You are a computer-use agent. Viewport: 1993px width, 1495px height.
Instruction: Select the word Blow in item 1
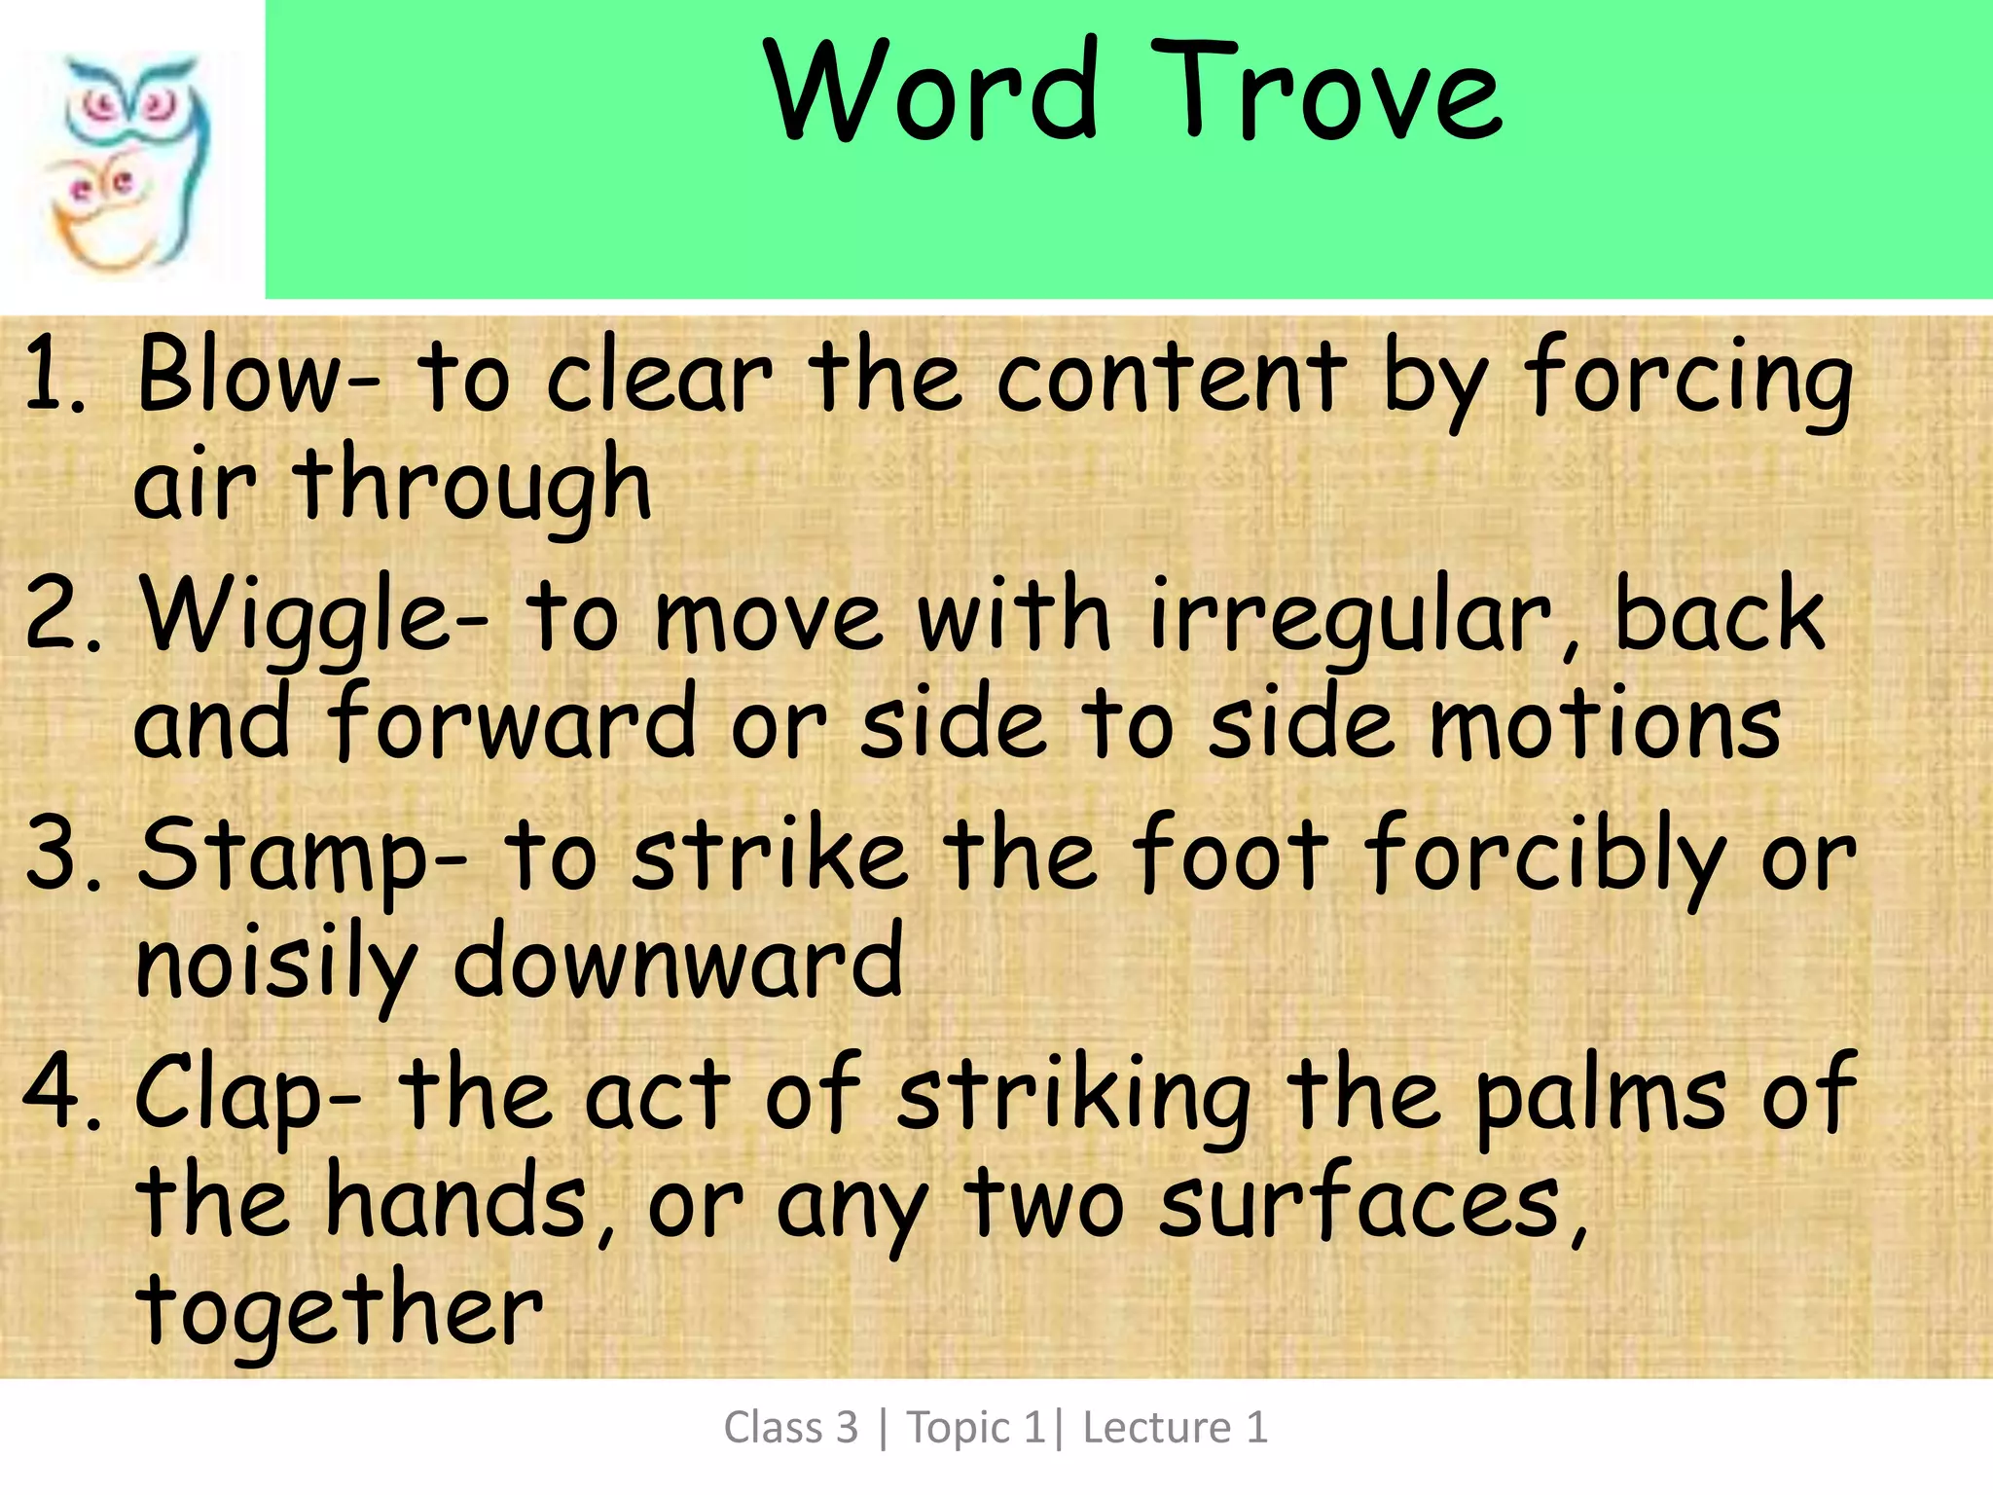coord(247,375)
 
